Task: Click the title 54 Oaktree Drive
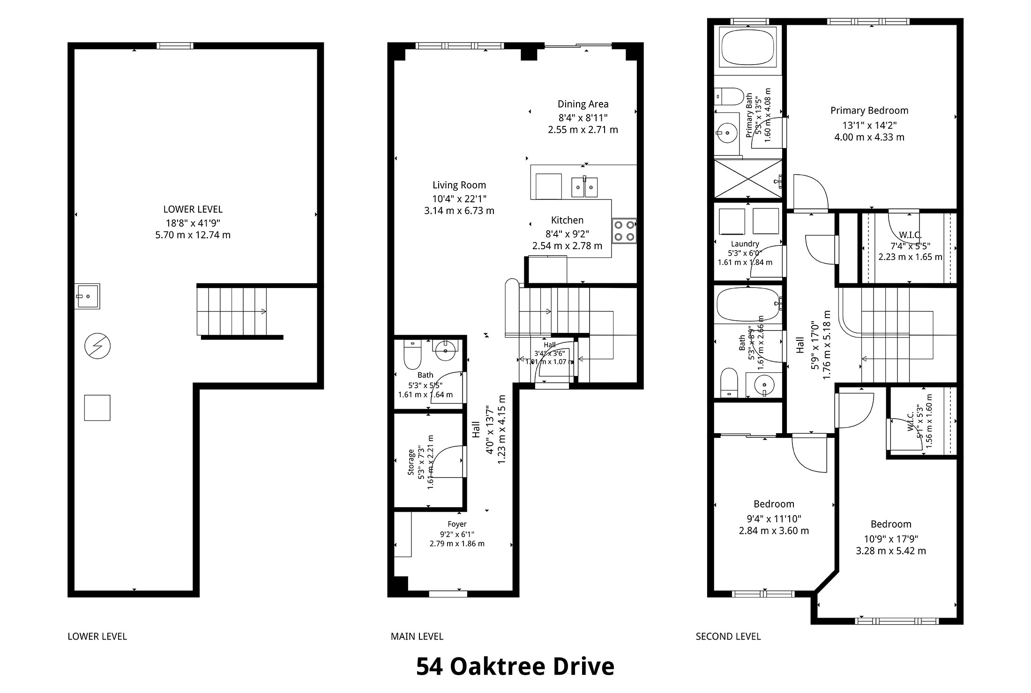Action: coord(515,666)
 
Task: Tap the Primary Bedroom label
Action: coord(869,111)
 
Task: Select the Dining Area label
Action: coord(583,104)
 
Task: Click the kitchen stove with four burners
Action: coord(624,231)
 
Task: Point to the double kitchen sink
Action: coord(584,187)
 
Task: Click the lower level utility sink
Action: coord(87,296)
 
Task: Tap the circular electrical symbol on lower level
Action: coord(97,346)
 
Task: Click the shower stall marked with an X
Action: coord(747,178)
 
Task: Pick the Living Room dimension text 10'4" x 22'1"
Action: coord(459,198)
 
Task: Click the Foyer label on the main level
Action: coord(457,524)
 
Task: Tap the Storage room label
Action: coord(411,463)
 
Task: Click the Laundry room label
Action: coord(745,243)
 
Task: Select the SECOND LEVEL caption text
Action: coord(728,636)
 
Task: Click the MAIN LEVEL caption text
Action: coord(417,636)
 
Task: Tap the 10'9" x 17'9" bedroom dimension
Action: coord(891,539)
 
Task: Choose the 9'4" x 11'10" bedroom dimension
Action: coord(774,519)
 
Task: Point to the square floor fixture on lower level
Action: coord(97,408)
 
